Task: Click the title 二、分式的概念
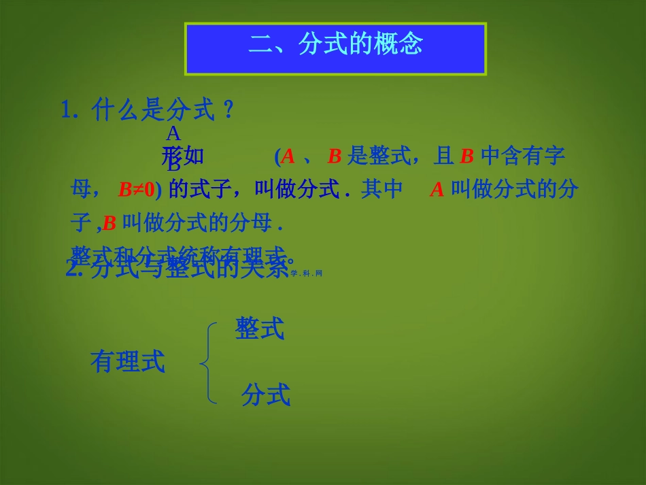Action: [336, 45]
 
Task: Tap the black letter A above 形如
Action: [173, 134]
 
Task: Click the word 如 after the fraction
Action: [194, 157]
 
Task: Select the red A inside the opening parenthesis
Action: [288, 157]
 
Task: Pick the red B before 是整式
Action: [334, 157]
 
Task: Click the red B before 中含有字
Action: [466, 157]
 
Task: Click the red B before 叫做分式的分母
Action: [109, 222]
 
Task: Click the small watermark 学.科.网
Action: [305, 273]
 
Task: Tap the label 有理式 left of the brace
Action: [128, 362]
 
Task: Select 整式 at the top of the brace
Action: [260, 329]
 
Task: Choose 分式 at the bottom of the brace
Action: [266, 395]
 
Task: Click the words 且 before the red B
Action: [444, 157]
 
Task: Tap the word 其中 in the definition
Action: [382, 189]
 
